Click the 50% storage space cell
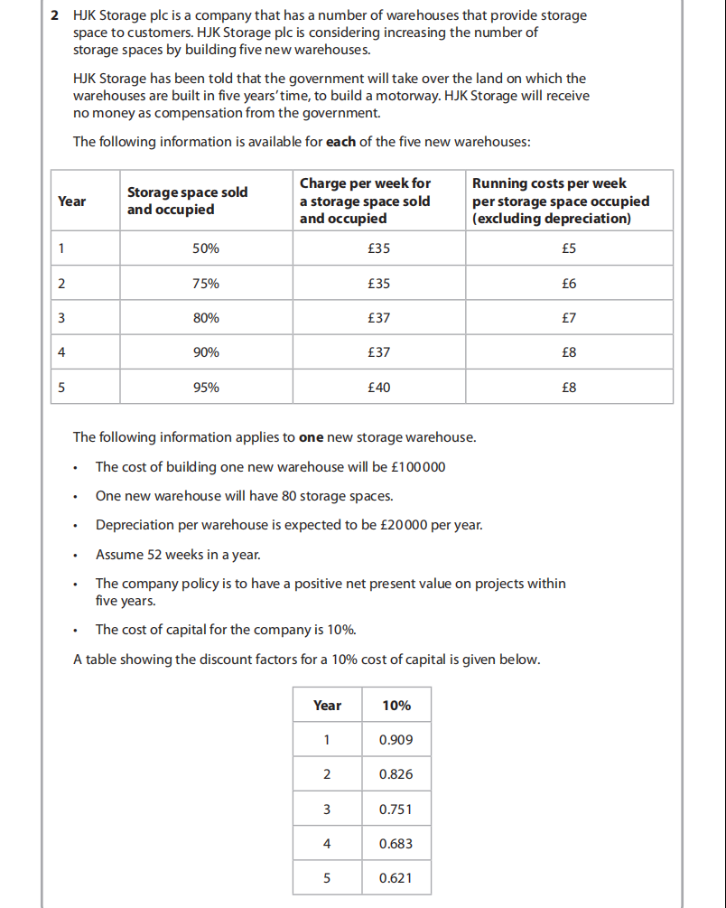206,248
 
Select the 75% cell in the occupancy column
206,284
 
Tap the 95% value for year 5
206,388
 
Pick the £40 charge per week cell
379,388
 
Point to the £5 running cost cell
569,248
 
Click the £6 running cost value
569,284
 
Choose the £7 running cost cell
569,318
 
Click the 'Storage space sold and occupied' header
188,201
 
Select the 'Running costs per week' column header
560,201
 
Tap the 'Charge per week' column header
365,201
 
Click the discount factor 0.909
396,740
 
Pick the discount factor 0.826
396,774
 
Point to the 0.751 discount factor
396,810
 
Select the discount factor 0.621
396,878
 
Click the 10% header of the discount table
396,705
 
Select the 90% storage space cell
206,352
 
